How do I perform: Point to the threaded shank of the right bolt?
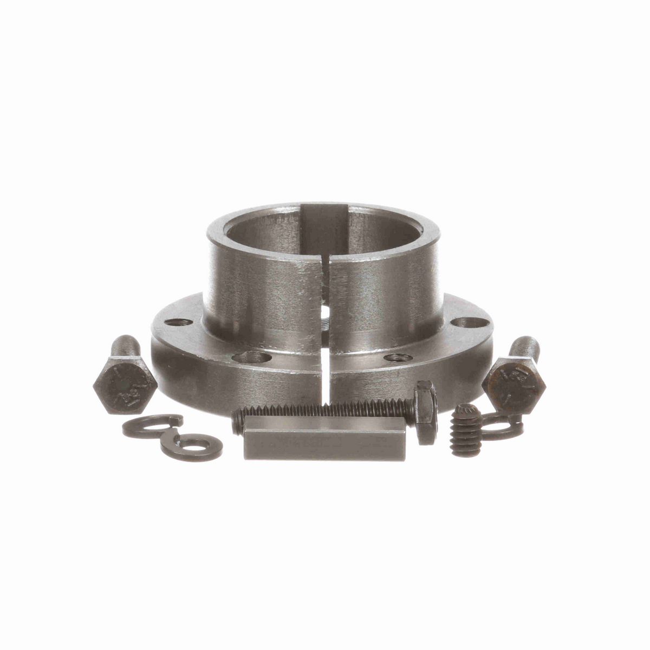coord(521,347)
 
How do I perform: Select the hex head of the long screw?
coord(425,412)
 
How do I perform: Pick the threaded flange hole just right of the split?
coord(394,357)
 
